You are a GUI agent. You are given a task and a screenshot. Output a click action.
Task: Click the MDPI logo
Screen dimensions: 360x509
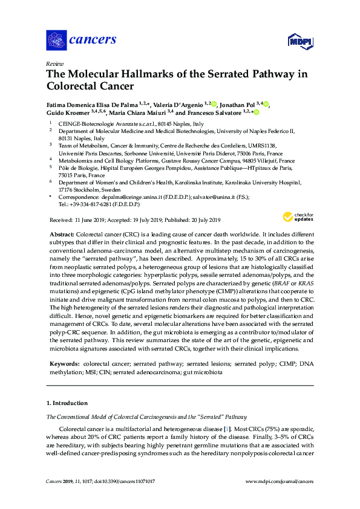coord(299,41)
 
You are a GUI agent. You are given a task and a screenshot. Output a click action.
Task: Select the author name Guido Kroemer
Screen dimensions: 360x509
coord(67,112)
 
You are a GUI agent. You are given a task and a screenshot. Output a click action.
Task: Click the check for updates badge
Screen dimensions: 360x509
coord(297,216)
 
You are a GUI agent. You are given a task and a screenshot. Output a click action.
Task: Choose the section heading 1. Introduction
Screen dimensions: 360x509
coord(67,403)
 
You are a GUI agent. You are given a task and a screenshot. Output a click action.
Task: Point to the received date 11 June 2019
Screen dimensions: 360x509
coord(86,219)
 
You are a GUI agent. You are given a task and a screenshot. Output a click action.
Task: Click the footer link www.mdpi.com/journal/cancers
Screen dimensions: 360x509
coord(279,482)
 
